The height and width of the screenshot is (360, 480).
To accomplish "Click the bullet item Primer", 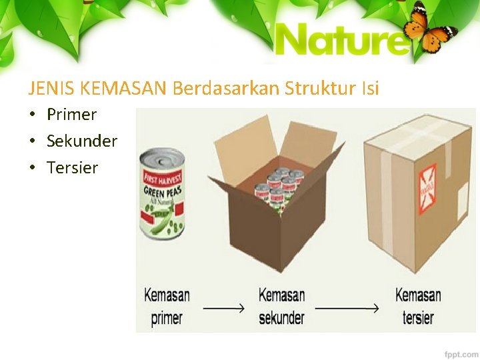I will click(x=71, y=115).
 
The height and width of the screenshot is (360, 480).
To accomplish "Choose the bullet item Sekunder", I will click(x=81, y=141).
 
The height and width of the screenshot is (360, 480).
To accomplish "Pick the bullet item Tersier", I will click(x=72, y=168).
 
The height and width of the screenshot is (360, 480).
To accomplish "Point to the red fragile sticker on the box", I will click(x=427, y=181).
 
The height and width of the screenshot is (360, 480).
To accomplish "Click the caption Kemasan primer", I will click(x=167, y=306).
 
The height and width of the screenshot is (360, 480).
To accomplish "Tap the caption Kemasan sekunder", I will click(x=281, y=306).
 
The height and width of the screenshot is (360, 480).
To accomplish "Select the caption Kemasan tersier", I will click(x=418, y=306).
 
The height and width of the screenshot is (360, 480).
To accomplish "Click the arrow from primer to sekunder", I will click(x=224, y=309).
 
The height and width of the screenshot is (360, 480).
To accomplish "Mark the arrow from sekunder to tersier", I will click(x=347, y=309).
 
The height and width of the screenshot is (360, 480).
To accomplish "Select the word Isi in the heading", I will click(x=371, y=87).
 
